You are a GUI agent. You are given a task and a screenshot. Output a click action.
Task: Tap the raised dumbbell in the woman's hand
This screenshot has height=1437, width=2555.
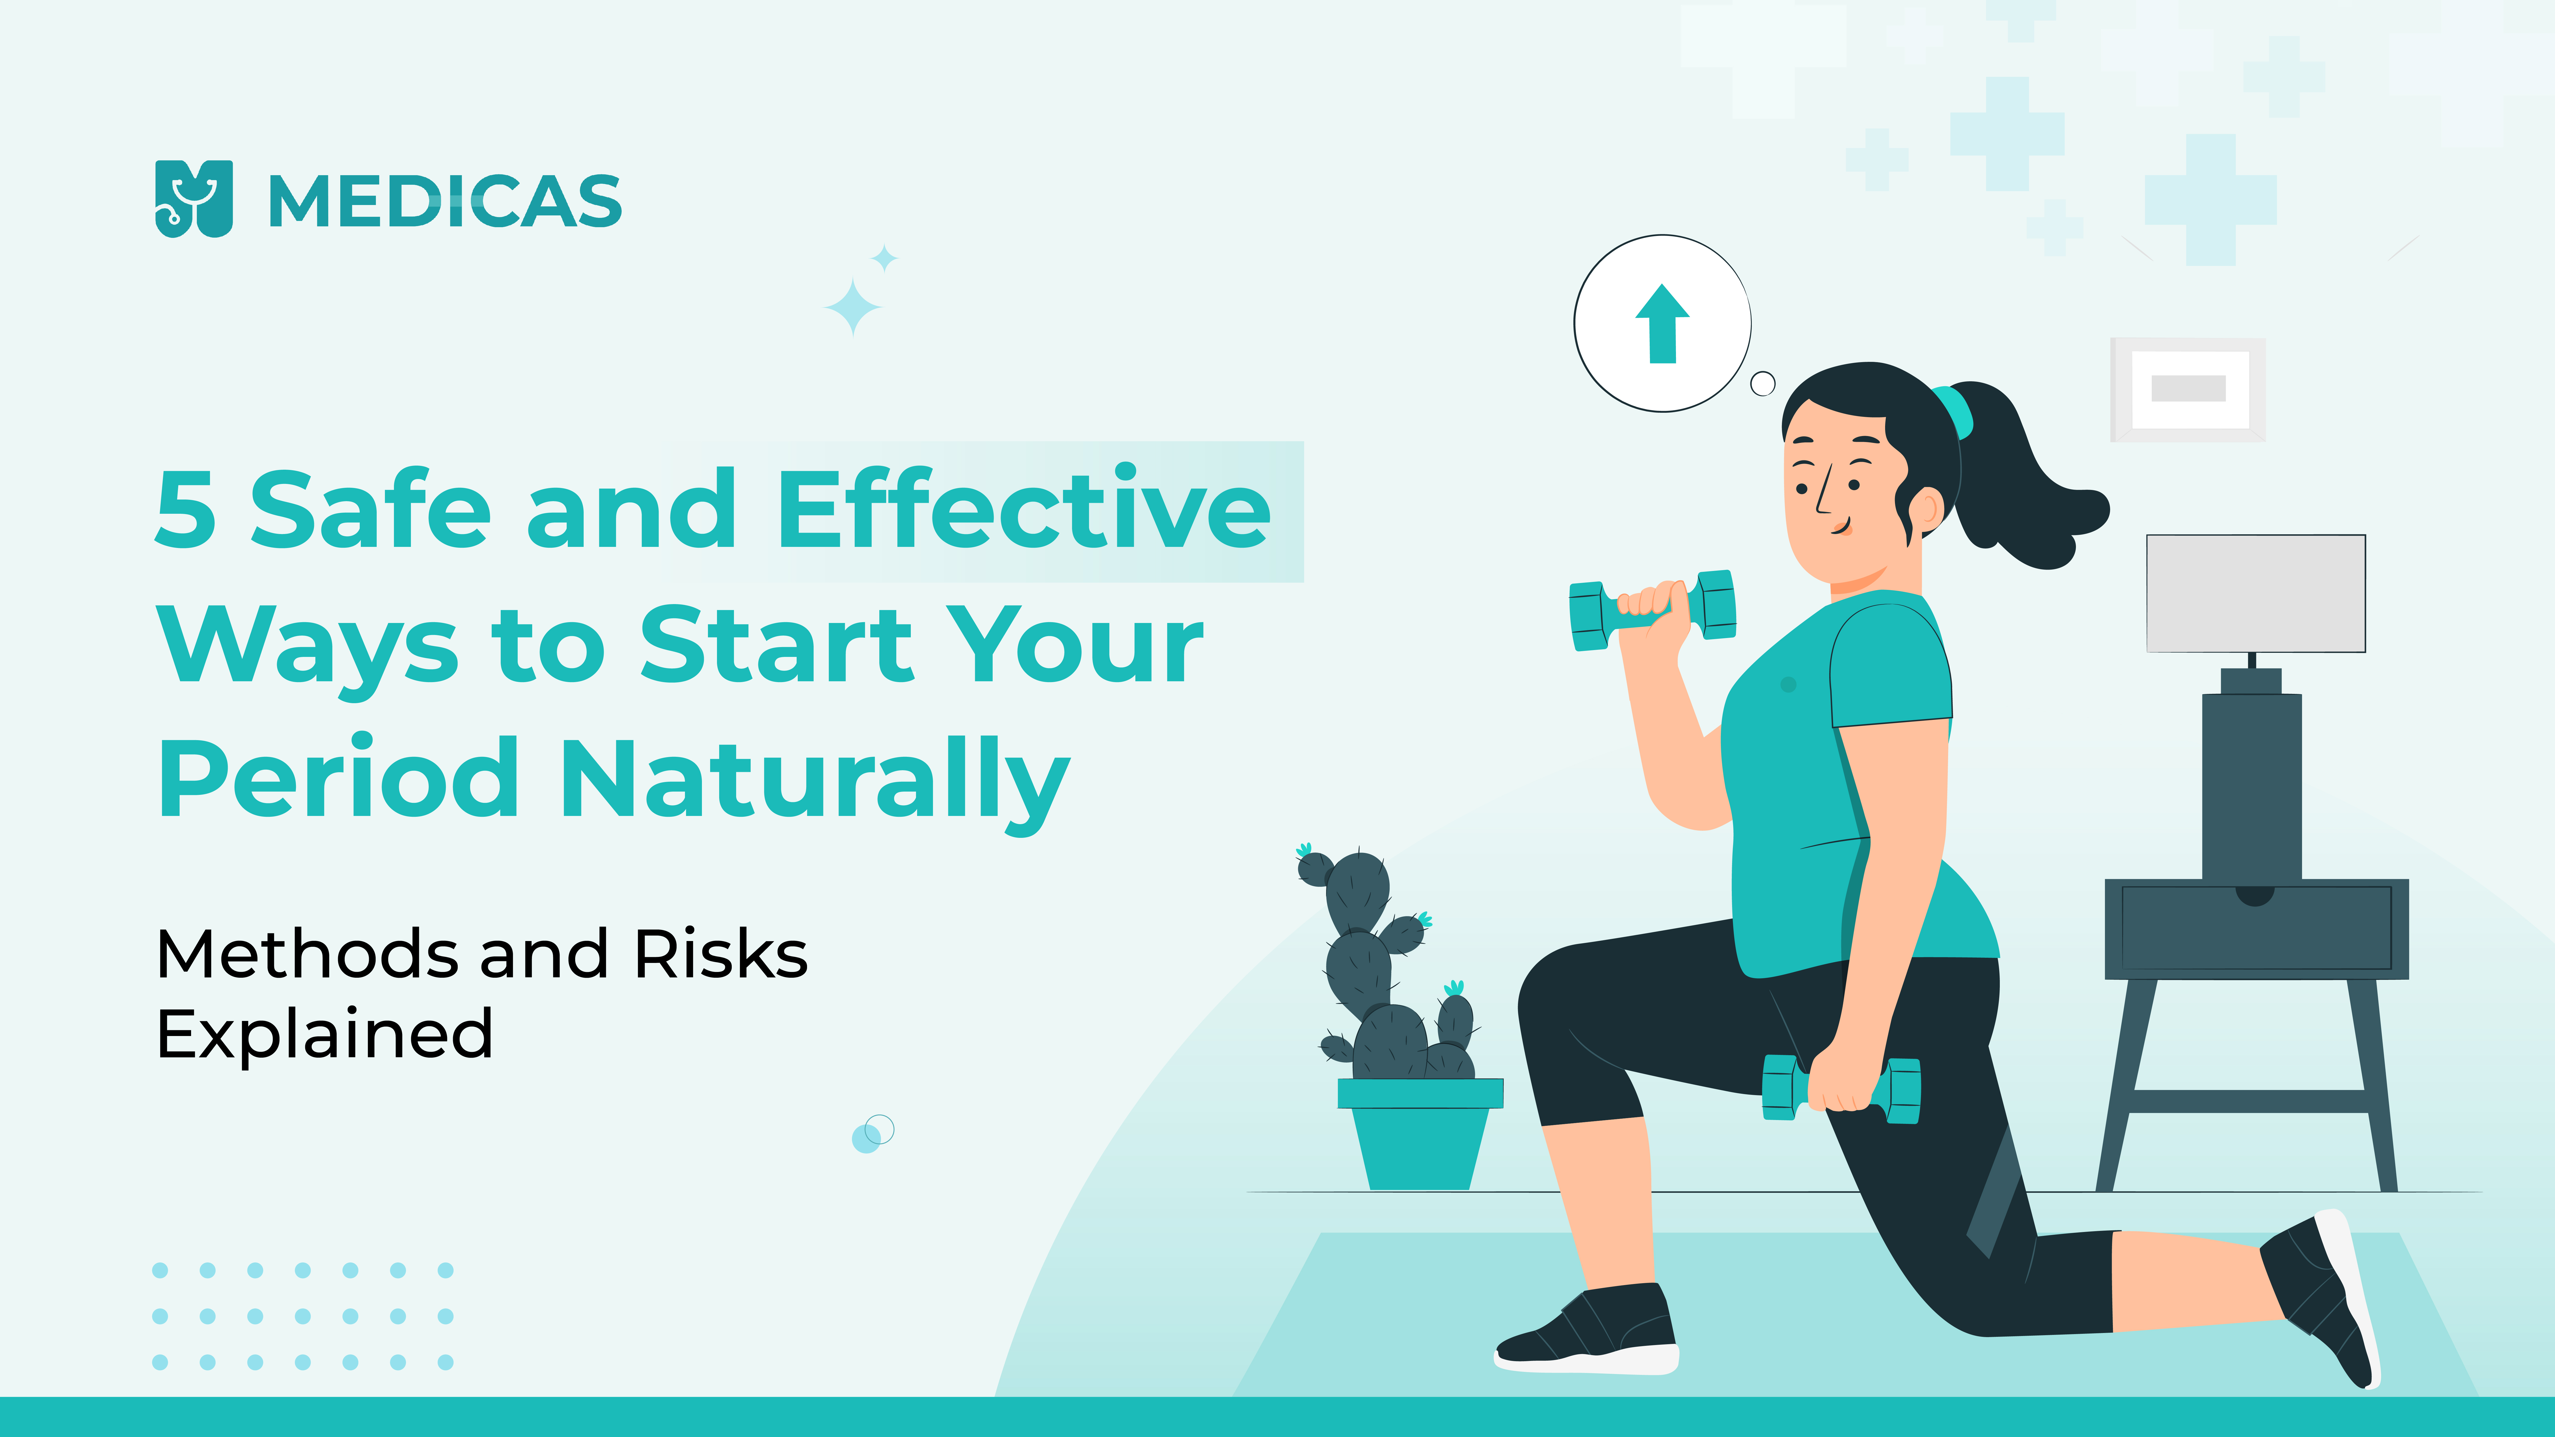pos(1652,609)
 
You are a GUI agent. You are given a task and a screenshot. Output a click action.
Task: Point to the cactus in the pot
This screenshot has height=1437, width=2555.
pos(1389,967)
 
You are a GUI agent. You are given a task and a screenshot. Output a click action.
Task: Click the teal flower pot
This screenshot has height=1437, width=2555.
pos(1419,1133)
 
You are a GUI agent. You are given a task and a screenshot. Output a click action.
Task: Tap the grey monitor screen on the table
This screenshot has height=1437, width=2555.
pos(2256,593)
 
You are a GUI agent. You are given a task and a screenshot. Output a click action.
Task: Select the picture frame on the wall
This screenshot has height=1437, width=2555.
pos(2188,389)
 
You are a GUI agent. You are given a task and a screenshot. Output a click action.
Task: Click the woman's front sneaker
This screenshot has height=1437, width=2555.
pos(1587,1329)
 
